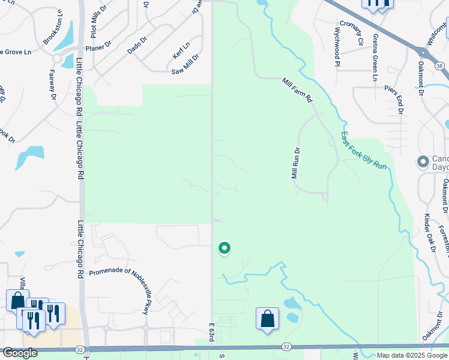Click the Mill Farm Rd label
coord(298,89)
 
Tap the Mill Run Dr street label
coord(295,164)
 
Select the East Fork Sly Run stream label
coord(364,150)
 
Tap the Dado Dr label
coord(137,43)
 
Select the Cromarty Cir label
coord(352,33)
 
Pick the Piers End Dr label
coord(394,100)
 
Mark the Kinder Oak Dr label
coord(427,230)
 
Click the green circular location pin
coord(224,247)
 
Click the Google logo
coord(20,353)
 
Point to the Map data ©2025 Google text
coord(411,355)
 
